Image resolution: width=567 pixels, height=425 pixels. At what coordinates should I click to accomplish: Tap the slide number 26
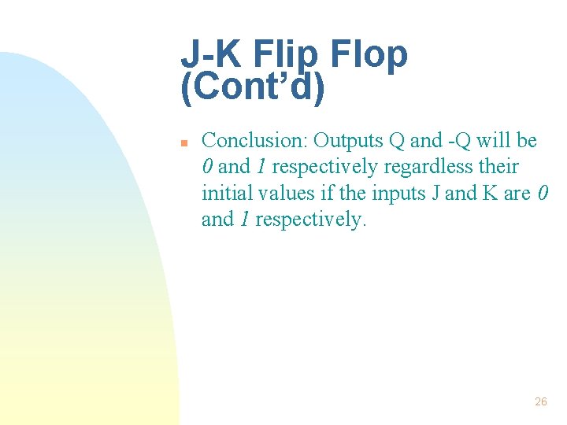pyautogui.click(x=540, y=401)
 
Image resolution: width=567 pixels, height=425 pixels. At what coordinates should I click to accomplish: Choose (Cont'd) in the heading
pyautogui.click(x=253, y=89)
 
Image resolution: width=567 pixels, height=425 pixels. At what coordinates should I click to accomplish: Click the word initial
pyautogui.click(x=225, y=193)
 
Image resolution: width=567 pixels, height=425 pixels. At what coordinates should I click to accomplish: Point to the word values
pyautogui.click(x=286, y=193)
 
